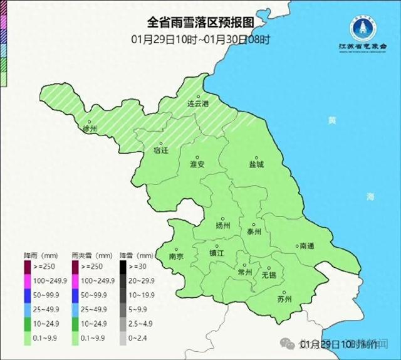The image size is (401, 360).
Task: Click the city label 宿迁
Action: pyautogui.click(x=162, y=151)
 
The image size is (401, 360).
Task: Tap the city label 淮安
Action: pyautogui.click(x=197, y=164)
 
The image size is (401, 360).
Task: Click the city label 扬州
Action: pyautogui.click(x=222, y=225)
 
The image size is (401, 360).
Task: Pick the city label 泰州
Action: pyautogui.click(x=254, y=231)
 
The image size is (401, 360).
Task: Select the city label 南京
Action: pyautogui.click(x=177, y=257)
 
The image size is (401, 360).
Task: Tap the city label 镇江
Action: pyautogui.click(x=216, y=253)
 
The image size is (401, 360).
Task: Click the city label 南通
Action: pyautogui.click(x=307, y=246)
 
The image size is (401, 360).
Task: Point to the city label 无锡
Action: pyautogui.click(x=269, y=275)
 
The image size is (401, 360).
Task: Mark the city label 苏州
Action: pyautogui.click(x=284, y=299)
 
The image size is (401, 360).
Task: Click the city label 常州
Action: pyautogui.click(x=245, y=272)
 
